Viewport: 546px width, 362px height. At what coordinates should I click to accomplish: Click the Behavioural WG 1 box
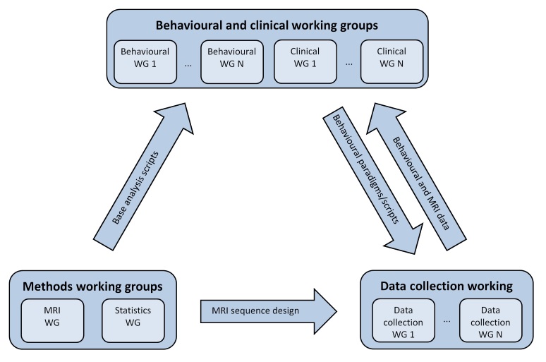(145, 62)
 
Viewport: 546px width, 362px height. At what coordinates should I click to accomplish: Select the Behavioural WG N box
(232, 62)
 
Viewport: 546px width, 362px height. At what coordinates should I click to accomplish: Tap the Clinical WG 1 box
(305, 62)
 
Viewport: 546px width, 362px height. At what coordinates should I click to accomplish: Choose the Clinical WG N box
(392, 62)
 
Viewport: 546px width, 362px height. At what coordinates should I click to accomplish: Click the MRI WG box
(52, 320)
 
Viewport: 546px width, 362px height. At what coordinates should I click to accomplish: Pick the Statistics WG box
(133, 320)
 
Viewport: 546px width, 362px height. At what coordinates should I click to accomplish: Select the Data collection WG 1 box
(404, 320)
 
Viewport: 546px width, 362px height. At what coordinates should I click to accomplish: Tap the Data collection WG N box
(491, 320)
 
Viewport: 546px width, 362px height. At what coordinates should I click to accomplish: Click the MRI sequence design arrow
(269, 311)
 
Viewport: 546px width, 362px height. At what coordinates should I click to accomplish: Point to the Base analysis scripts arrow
(143, 176)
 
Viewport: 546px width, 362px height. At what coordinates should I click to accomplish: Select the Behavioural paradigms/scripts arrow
(373, 180)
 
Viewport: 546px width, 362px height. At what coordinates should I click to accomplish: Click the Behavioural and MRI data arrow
(416, 176)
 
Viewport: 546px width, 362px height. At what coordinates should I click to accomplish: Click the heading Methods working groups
(92, 286)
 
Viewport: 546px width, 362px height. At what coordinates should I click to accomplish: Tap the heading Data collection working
(447, 286)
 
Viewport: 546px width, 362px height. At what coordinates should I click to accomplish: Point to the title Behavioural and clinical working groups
(267, 25)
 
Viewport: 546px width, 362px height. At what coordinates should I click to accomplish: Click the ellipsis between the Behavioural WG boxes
(188, 65)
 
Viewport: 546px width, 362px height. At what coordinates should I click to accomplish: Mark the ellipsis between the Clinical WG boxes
(349, 64)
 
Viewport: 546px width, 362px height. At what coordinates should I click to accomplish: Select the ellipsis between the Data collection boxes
(447, 321)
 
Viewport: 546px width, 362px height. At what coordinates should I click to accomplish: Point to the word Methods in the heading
(48, 286)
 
